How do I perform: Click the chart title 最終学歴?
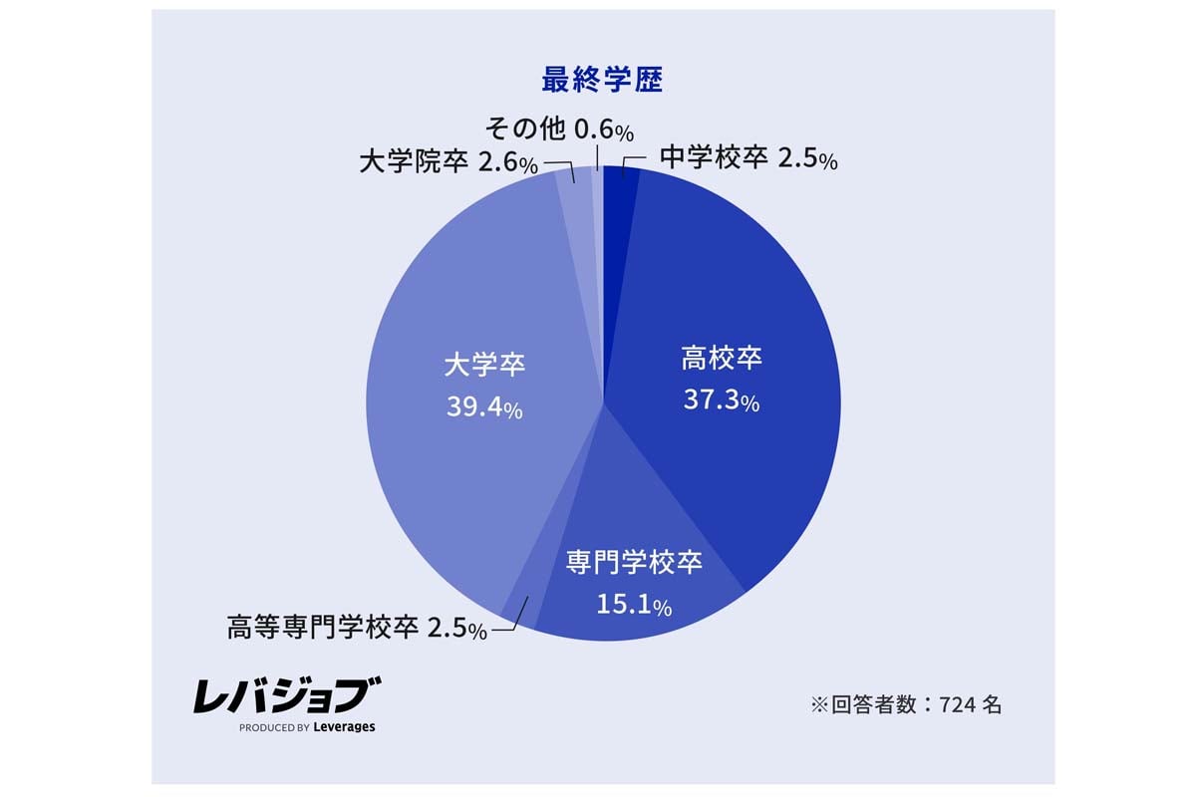602,80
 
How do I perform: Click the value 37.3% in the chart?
722,400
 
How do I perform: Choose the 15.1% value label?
634,603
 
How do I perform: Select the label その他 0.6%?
559,130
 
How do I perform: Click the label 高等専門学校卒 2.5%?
357,629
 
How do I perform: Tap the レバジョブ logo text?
287,695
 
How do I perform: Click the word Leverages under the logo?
344,727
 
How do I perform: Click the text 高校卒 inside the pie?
722,358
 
